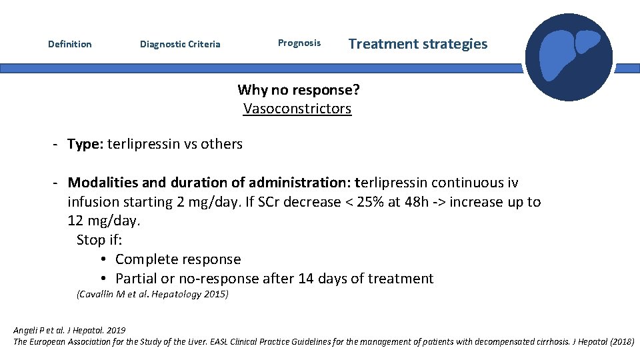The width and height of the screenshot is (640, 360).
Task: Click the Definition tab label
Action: click(x=70, y=44)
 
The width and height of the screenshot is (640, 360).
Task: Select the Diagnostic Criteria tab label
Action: click(x=180, y=45)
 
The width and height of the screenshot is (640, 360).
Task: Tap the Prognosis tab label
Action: click(x=299, y=43)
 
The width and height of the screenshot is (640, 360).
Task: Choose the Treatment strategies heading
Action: click(x=418, y=44)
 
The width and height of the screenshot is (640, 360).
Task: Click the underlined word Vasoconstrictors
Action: click(x=297, y=109)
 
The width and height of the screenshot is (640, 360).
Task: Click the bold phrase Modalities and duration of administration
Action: click(x=209, y=183)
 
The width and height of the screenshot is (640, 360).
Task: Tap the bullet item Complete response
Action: click(x=178, y=259)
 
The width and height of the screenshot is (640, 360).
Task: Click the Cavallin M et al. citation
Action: click(x=153, y=294)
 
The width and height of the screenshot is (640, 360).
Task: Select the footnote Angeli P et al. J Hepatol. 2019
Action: click(x=69, y=330)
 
